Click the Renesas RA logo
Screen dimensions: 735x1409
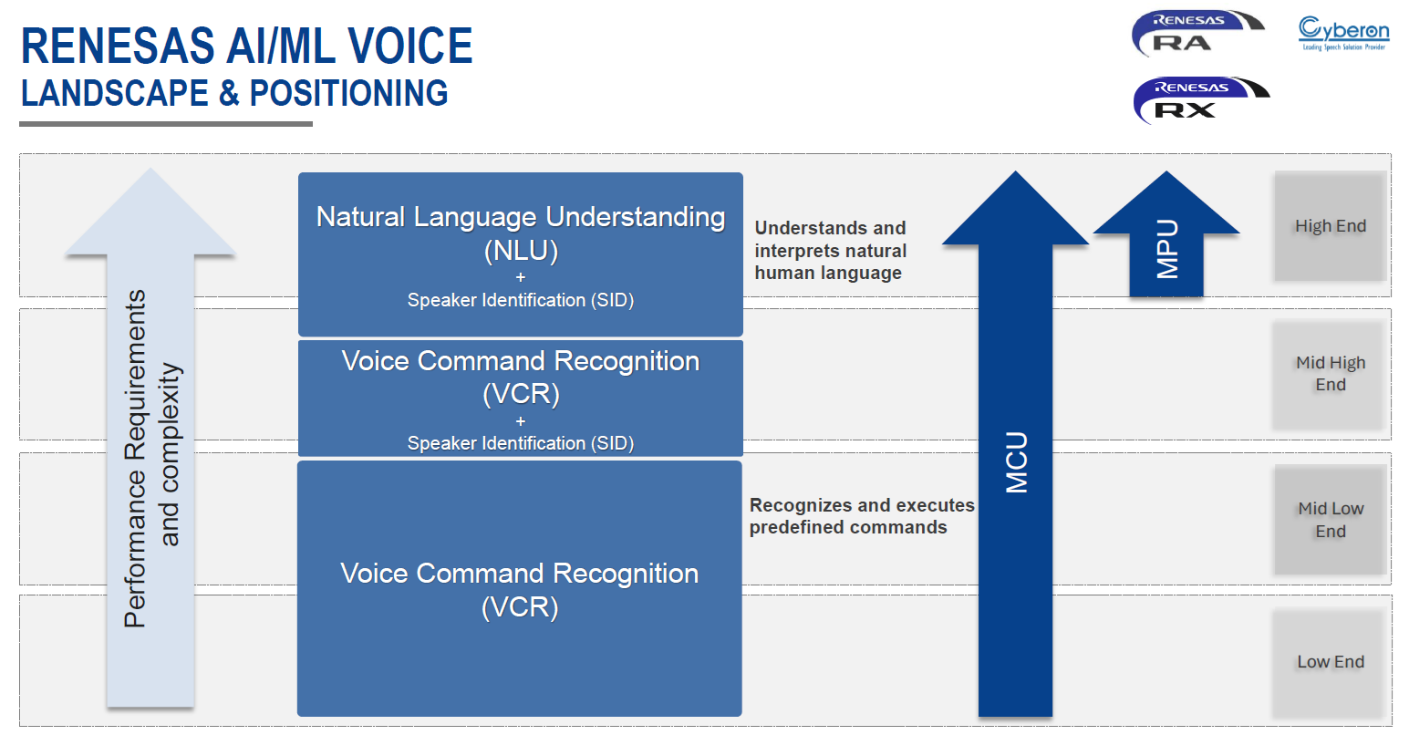(1197, 35)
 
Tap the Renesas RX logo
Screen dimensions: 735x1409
(1200, 100)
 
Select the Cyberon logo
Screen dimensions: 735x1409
(1343, 34)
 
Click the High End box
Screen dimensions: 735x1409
(1331, 226)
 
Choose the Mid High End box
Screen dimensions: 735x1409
(1331, 374)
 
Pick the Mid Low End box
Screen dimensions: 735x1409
(1331, 520)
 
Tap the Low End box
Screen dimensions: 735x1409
(1331, 662)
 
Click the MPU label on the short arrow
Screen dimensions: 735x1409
(1167, 249)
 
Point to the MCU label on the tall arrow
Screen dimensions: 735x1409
(1016, 462)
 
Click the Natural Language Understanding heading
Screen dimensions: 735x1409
(521, 217)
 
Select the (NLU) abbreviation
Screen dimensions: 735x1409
(521, 251)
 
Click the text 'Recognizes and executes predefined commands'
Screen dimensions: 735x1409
(861, 516)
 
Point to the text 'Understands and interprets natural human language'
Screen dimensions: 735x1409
(830, 251)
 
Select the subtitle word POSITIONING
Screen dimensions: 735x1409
(348, 94)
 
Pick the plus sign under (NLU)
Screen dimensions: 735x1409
(521, 277)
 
